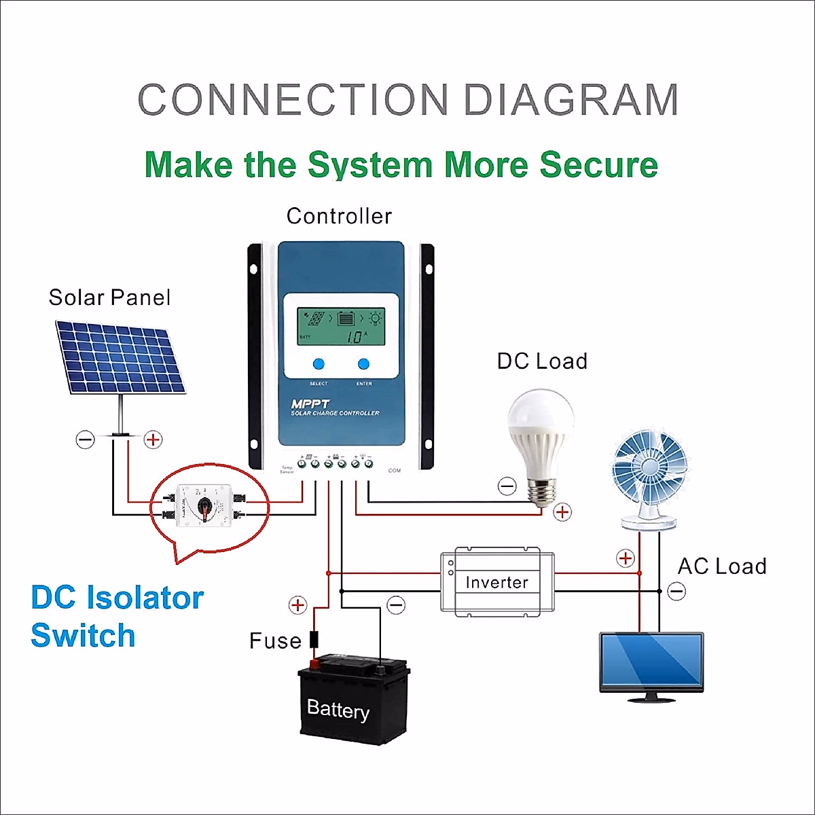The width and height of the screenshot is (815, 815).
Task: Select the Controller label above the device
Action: click(339, 216)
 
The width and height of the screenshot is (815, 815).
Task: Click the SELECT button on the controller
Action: click(318, 365)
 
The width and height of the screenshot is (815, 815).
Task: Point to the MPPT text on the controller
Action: click(310, 403)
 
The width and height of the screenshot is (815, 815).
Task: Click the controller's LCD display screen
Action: click(340, 326)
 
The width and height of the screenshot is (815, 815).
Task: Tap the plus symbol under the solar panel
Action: click(153, 440)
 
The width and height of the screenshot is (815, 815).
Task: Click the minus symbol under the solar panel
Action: click(85, 440)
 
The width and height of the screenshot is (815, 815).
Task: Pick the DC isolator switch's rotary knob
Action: click(204, 506)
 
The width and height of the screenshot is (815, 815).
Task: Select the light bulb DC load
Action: click(542, 445)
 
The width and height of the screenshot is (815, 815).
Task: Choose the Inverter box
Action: click(496, 582)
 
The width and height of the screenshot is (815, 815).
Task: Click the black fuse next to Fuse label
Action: click(314, 640)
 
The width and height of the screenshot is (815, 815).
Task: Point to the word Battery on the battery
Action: click(338, 710)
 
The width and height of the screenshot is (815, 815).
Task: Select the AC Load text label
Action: click(722, 566)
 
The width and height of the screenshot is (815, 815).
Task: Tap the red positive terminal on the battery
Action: click(314, 664)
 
